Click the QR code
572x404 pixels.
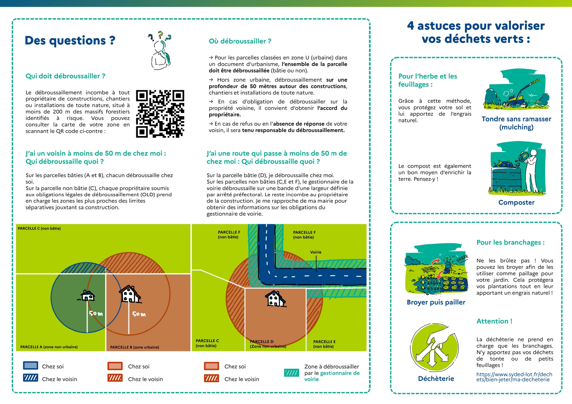pos(160,114)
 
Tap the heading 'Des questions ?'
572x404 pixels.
pos(70,40)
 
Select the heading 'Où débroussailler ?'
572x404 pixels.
pos(240,41)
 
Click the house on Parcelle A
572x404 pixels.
pos(88,295)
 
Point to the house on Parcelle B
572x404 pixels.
pos(130,294)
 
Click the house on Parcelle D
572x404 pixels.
pos(276,299)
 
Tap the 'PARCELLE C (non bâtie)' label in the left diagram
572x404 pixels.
pos(39,229)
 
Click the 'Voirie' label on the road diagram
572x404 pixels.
pos(315,252)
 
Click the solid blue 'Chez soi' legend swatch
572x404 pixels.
pos(31,366)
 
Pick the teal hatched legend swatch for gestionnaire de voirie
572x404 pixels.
pos(291,373)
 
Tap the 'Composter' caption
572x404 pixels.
pos(516,202)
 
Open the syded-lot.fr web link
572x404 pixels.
pos(514,377)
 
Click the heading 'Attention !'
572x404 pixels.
pos(494,321)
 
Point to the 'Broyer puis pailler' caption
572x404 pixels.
pos(436,302)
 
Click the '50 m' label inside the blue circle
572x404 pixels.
pos(96,313)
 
